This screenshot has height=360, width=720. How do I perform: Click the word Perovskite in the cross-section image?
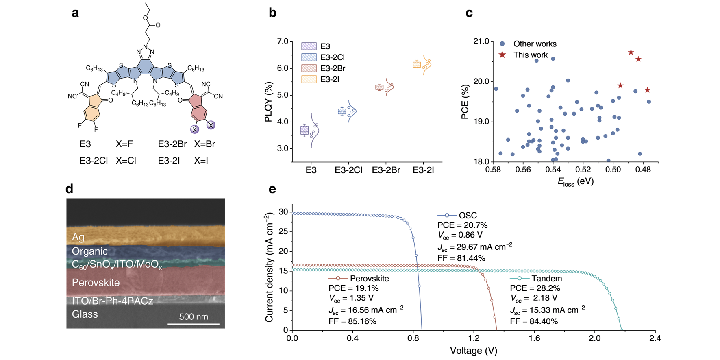tap(96, 283)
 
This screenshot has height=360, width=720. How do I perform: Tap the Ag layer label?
tap(78, 237)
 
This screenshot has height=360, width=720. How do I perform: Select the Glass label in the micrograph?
tap(85, 314)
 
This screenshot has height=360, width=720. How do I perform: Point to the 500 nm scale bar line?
tap(194, 324)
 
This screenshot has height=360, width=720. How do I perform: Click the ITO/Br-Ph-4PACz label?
tap(112, 301)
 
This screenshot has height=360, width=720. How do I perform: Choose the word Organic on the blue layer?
tap(89, 251)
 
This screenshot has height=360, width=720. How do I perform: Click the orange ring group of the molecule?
tap(93, 108)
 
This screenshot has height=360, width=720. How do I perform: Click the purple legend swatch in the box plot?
tap(309, 46)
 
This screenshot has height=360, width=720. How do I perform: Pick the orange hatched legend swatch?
tap(309, 79)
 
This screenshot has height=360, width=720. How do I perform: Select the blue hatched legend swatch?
tap(309, 57)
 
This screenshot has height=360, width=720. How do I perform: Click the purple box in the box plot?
tap(304, 130)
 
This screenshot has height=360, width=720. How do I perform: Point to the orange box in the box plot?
tap(417, 64)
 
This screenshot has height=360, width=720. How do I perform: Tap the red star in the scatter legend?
tap(502, 55)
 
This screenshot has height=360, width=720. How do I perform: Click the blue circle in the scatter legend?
tap(502, 44)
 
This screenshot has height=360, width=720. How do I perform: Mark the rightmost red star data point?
tap(647, 90)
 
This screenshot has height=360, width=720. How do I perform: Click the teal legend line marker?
tap(519, 279)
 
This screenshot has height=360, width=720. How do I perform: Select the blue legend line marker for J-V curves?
tap(447, 215)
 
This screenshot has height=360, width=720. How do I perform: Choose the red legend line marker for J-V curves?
tap(338, 279)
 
